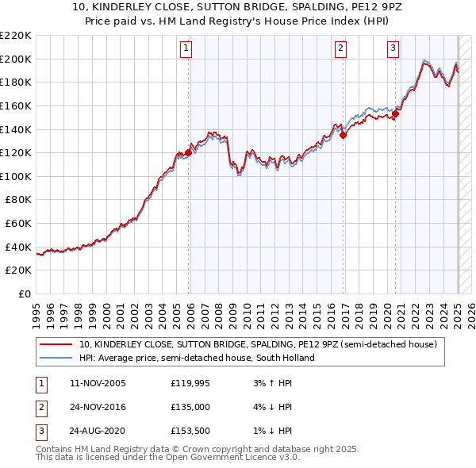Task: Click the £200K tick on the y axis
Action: [x=17, y=59]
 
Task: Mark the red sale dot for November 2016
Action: [x=344, y=135]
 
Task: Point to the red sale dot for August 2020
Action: [x=396, y=113]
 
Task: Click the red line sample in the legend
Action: [x=56, y=345]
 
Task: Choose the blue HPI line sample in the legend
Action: [x=56, y=358]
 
